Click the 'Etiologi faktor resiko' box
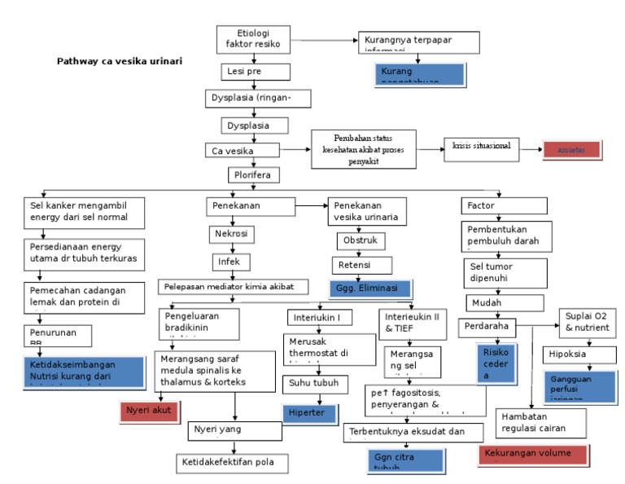(252, 37)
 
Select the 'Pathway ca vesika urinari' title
(120, 61)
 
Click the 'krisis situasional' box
(481, 147)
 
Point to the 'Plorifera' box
(254, 175)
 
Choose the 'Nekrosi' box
(232, 235)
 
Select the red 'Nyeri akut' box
(149, 411)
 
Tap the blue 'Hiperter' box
(308, 414)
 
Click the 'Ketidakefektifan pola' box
(233, 463)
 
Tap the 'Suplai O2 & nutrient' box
(586, 322)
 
